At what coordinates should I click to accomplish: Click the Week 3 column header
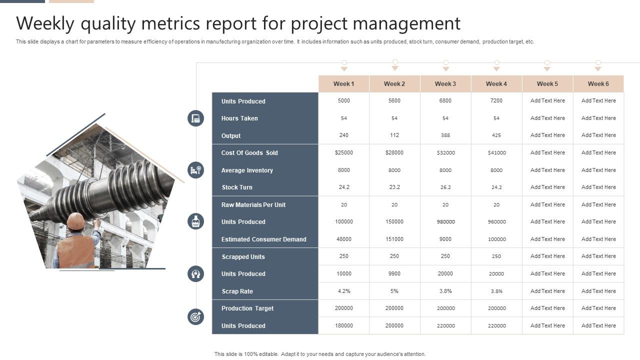coord(445,84)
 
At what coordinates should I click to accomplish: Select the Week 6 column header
coord(598,84)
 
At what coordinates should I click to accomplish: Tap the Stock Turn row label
coord(236,187)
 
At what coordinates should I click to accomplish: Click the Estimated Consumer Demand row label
coord(263,239)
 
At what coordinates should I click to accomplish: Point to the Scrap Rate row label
coord(237,291)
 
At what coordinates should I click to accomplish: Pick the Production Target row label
coord(247,308)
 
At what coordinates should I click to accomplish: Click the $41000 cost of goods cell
coord(496,153)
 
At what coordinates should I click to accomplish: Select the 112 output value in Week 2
coord(394,135)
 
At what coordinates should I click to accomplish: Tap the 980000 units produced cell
coord(445,222)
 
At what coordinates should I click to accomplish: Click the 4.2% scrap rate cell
coord(343,291)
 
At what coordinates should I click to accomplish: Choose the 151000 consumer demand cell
coord(394,239)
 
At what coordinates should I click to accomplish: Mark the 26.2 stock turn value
coord(445,187)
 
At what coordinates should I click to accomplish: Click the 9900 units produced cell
coord(394,274)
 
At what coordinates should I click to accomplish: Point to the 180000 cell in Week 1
coord(343,326)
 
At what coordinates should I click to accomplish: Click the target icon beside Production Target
coord(195,316)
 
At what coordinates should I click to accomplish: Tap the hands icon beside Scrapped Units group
coord(195,273)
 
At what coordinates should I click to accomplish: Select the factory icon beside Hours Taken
coord(195,118)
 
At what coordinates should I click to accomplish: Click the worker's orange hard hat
coord(75,220)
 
